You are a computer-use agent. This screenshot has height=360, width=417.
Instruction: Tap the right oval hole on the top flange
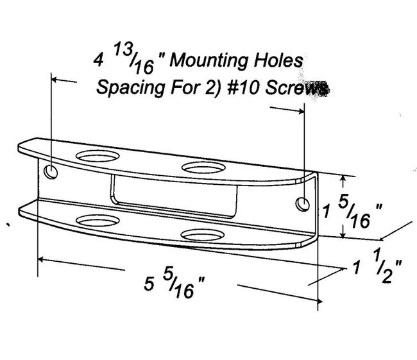pos(200,167)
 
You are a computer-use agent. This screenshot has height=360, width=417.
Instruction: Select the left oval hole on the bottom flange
pos(96,221)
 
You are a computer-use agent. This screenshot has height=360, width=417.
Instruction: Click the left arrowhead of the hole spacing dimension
pos(54,80)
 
